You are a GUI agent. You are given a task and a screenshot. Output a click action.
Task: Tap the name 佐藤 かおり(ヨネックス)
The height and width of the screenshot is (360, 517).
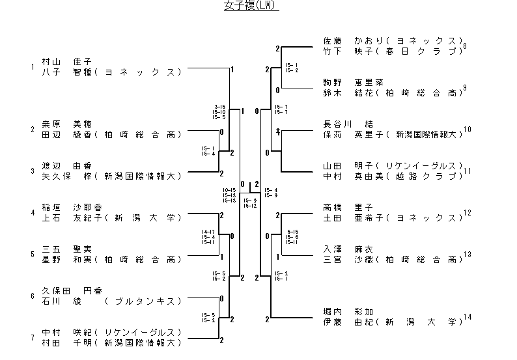click(393, 40)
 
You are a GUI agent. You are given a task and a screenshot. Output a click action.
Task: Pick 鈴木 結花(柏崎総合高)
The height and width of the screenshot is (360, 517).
click(393, 92)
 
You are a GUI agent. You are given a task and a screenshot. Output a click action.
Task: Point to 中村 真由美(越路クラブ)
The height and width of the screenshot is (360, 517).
click(393, 176)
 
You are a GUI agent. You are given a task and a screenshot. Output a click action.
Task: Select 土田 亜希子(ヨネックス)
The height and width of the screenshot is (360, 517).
click(393, 217)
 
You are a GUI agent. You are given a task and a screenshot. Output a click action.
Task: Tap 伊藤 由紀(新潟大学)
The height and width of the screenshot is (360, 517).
click(393, 322)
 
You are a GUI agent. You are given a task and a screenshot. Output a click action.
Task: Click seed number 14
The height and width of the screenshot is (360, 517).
click(467, 317)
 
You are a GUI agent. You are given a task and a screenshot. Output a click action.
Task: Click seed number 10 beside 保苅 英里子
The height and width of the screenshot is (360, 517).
click(467, 130)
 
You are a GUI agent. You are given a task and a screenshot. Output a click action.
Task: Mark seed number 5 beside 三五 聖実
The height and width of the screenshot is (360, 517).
click(32, 254)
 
